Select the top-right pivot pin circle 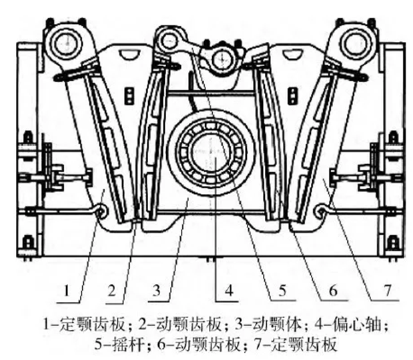(x=352, y=42)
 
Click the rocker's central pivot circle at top (x=218, y=61)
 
